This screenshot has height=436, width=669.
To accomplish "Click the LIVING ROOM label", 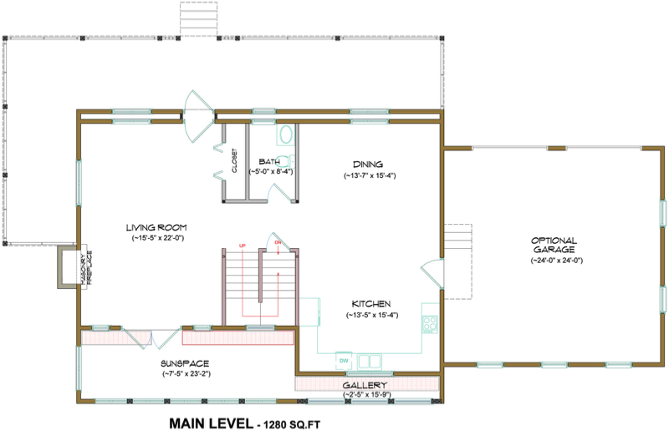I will (156, 227).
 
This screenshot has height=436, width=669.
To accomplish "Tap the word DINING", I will (368, 165).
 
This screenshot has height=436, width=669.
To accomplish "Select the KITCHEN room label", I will (368, 303).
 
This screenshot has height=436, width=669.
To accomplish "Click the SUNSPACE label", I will (184, 363).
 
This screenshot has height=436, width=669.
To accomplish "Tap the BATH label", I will (269, 161).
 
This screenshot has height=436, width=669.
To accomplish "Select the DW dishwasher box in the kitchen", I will (343, 360).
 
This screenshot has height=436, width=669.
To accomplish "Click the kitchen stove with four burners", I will (431, 322).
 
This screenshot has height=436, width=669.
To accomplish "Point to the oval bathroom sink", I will (285, 135).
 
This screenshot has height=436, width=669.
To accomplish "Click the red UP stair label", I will (243, 246).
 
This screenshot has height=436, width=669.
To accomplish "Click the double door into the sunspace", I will (151, 337).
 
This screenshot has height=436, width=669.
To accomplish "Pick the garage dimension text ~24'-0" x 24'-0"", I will (555, 261).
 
